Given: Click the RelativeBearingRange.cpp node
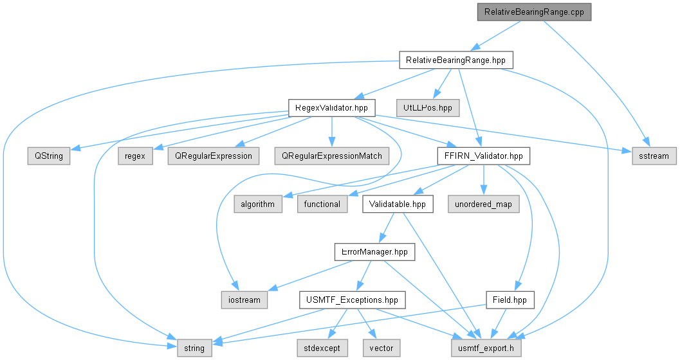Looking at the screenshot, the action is pos(534,12).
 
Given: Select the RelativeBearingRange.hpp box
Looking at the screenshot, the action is pos(455,60).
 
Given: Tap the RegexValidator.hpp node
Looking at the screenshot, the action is pos(332,108).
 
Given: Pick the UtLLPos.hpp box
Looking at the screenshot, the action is pos(428,108).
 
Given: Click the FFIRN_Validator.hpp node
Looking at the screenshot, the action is pos(484,156).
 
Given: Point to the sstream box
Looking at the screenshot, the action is pos(654,156).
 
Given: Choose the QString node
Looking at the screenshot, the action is pos(49,156).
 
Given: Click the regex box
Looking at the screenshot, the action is pos(135,156).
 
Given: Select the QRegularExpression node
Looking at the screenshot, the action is pos(214,156).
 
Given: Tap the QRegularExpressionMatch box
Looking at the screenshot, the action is pos(332,156).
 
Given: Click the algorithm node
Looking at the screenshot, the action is pos(257,204).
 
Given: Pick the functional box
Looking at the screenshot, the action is pos(322,204).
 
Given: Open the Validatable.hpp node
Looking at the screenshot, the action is pos(398,204).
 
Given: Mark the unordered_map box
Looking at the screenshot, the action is pos(484,204).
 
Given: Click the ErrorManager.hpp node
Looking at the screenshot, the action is pos(374,252).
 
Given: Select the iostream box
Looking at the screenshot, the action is pos(244,300).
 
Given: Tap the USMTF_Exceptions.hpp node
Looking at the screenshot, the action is pos(352,300).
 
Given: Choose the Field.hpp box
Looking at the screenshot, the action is pos(510,300).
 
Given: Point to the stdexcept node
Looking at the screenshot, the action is pos(322,348).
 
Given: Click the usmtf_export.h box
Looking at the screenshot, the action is pos(486,348).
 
